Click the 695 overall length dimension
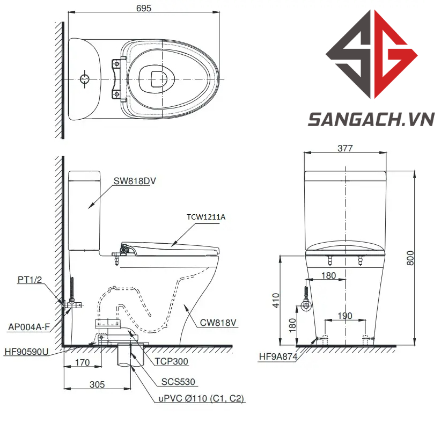[144, 8]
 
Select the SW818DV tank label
[135, 181]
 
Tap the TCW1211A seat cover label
[206, 217]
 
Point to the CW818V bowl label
[218, 323]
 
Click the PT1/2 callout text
[30, 280]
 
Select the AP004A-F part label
[29, 327]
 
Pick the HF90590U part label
[26, 352]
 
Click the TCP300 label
[171, 361]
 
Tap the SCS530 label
[178, 382]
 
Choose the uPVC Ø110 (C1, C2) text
[201, 398]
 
